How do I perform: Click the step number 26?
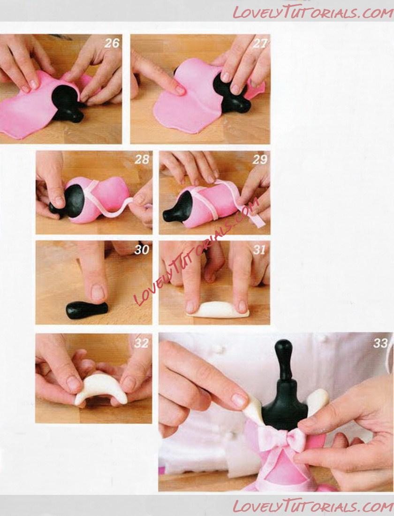[x=112, y=43]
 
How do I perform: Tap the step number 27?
[x=259, y=43]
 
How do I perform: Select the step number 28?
[x=142, y=159]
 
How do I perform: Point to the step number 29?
[x=260, y=159]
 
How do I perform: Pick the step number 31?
[x=259, y=250]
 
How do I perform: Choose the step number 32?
[x=142, y=343]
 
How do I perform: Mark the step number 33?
[x=380, y=343]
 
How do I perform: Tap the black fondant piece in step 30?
[x=87, y=310]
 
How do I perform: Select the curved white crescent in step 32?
[x=101, y=388]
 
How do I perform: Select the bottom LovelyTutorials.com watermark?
[x=313, y=506]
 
